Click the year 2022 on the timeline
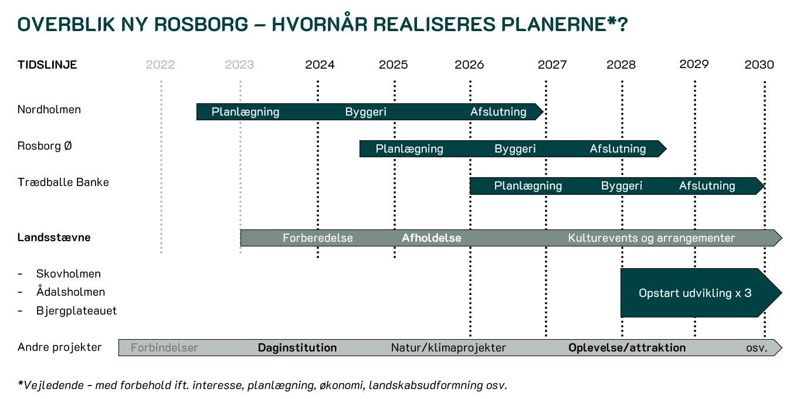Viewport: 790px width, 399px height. coord(160,65)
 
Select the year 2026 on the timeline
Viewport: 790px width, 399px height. coord(469,65)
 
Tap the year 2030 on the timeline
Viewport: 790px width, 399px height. coord(759,65)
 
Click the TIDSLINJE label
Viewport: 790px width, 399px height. coord(47,65)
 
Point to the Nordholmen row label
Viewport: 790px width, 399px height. coord(49,110)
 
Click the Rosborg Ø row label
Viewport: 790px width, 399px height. coord(45,146)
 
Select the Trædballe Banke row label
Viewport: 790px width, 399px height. coord(63,182)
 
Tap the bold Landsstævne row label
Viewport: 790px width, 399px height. coord(54,238)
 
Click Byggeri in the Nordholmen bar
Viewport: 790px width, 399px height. coord(365,112)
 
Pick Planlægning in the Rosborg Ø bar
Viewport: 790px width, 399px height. coord(409,149)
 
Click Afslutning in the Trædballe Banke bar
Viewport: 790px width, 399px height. coord(707,186)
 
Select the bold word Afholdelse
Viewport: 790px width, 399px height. coord(431,238)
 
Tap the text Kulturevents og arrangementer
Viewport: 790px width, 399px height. coord(651,238)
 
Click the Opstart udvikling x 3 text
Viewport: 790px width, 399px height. coord(694,293)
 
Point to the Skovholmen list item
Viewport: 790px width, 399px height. coord(68,273)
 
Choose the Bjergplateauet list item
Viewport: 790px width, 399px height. coord(76,310)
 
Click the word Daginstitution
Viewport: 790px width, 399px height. coord(297,348)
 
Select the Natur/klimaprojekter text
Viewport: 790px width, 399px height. coord(448,348)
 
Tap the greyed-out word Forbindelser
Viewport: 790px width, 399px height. coord(164,348)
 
